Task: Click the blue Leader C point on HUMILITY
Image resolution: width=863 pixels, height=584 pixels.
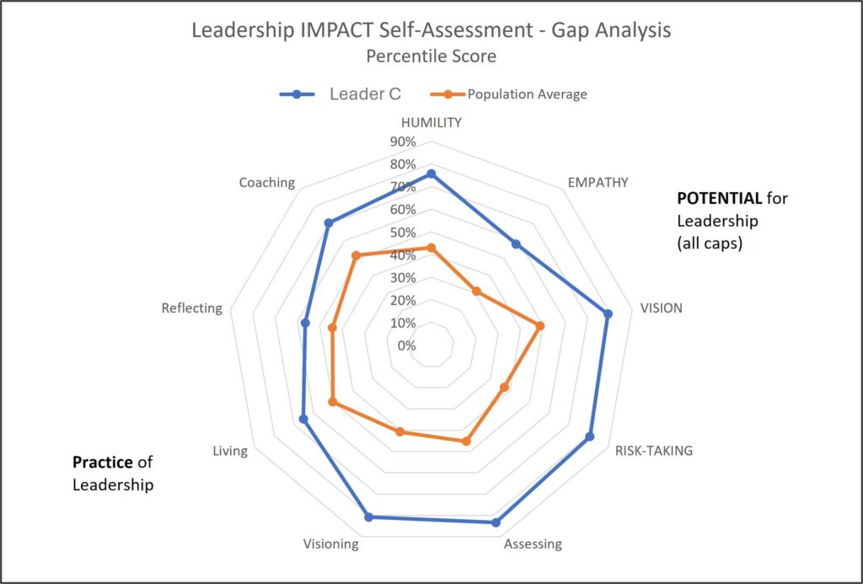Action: (431, 174)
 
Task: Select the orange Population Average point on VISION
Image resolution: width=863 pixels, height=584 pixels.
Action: (540, 325)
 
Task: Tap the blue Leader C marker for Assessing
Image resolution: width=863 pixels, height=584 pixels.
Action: (496, 522)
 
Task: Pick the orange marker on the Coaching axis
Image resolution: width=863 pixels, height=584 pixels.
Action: (356, 255)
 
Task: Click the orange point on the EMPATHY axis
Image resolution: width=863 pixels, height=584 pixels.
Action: (476, 292)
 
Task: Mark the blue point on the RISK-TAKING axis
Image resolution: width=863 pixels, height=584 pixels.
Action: (590, 437)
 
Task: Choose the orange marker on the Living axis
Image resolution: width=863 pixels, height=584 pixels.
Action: (332, 403)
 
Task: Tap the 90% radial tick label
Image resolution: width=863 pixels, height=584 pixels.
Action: (403, 142)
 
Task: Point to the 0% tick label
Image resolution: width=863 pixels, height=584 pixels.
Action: (406, 346)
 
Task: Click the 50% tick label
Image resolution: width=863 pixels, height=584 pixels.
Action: (403, 233)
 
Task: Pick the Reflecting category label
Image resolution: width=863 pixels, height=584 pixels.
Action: (192, 308)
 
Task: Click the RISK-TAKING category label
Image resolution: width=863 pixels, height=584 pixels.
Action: (653, 450)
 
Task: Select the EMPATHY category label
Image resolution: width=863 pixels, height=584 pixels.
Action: (598, 182)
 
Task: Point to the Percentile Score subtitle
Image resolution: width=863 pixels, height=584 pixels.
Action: (431, 57)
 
